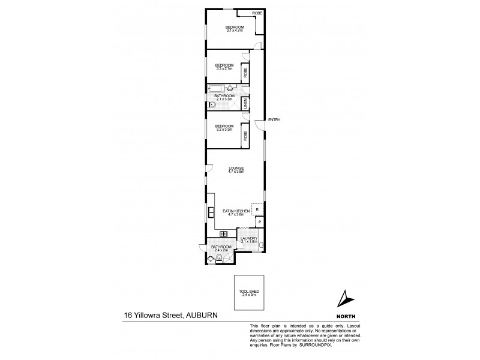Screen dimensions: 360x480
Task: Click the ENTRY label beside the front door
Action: click(x=275, y=119)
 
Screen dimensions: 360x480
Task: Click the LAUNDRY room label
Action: click(x=249, y=238)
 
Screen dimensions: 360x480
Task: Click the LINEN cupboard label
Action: click(x=245, y=104)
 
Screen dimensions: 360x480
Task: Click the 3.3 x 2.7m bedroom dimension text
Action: click(x=224, y=68)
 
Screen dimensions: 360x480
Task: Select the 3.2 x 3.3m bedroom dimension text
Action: click(x=224, y=129)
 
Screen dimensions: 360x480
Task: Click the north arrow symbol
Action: click(x=343, y=298)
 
